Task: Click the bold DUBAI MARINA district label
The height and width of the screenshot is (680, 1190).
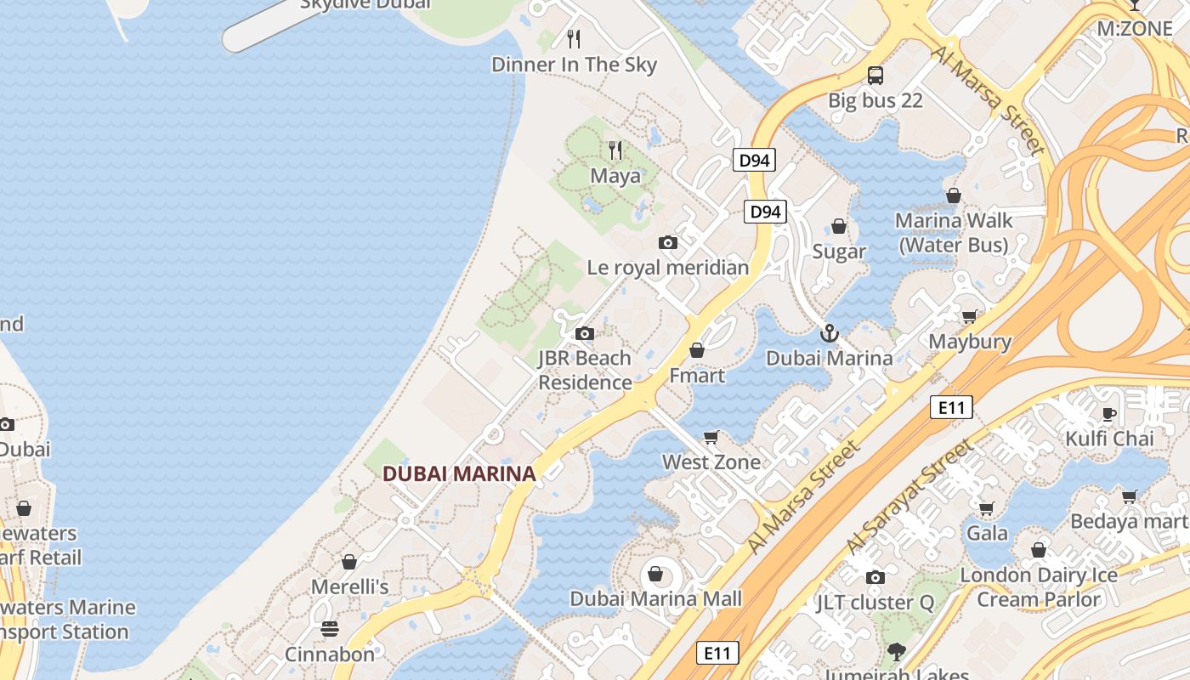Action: pyautogui.click(x=459, y=474)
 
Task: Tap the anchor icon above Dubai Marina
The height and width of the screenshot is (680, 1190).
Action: pyautogui.click(x=830, y=333)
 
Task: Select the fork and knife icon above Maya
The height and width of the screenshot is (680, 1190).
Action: pyautogui.click(x=615, y=150)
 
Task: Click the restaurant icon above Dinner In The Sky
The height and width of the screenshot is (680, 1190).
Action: pyautogui.click(x=574, y=38)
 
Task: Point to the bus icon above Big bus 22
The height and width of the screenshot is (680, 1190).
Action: pyautogui.click(x=875, y=76)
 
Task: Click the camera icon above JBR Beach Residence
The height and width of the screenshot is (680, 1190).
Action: pyautogui.click(x=584, y=333)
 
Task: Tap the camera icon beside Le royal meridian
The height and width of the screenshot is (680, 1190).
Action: pyautogui.click(x=668, y=243)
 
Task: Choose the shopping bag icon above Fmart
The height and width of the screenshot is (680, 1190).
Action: pyautogui.click(x=697, y=350)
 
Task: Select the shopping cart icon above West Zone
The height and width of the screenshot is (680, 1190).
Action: pyautogui.click(x=711, y=438)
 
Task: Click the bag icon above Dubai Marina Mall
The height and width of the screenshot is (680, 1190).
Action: pyautogui.click(x=655, y=574)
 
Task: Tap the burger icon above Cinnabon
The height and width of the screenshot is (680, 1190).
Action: pyautogui.click(x=330, y=629)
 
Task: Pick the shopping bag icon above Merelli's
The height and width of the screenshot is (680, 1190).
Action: pyautogui.click(x=348, y=562)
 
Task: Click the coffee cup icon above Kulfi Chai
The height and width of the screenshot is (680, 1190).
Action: pyautogui.click(x=1109, y=414)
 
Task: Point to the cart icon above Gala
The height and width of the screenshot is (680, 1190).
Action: pyautogui.click(x=986, y=509)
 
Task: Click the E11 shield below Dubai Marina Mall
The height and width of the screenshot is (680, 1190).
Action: pyautogui.click(x=717, y=653)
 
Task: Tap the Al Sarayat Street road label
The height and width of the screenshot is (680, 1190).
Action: pyautogui.click(x=909, y=496)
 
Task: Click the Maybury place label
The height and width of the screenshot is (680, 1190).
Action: pyautogui.click(x=970, y=342)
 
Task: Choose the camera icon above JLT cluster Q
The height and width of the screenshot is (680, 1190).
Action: pyautogui.click(x=875, y=578)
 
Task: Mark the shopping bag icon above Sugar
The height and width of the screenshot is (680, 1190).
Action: pyautogui.click(x=839, y=226)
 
